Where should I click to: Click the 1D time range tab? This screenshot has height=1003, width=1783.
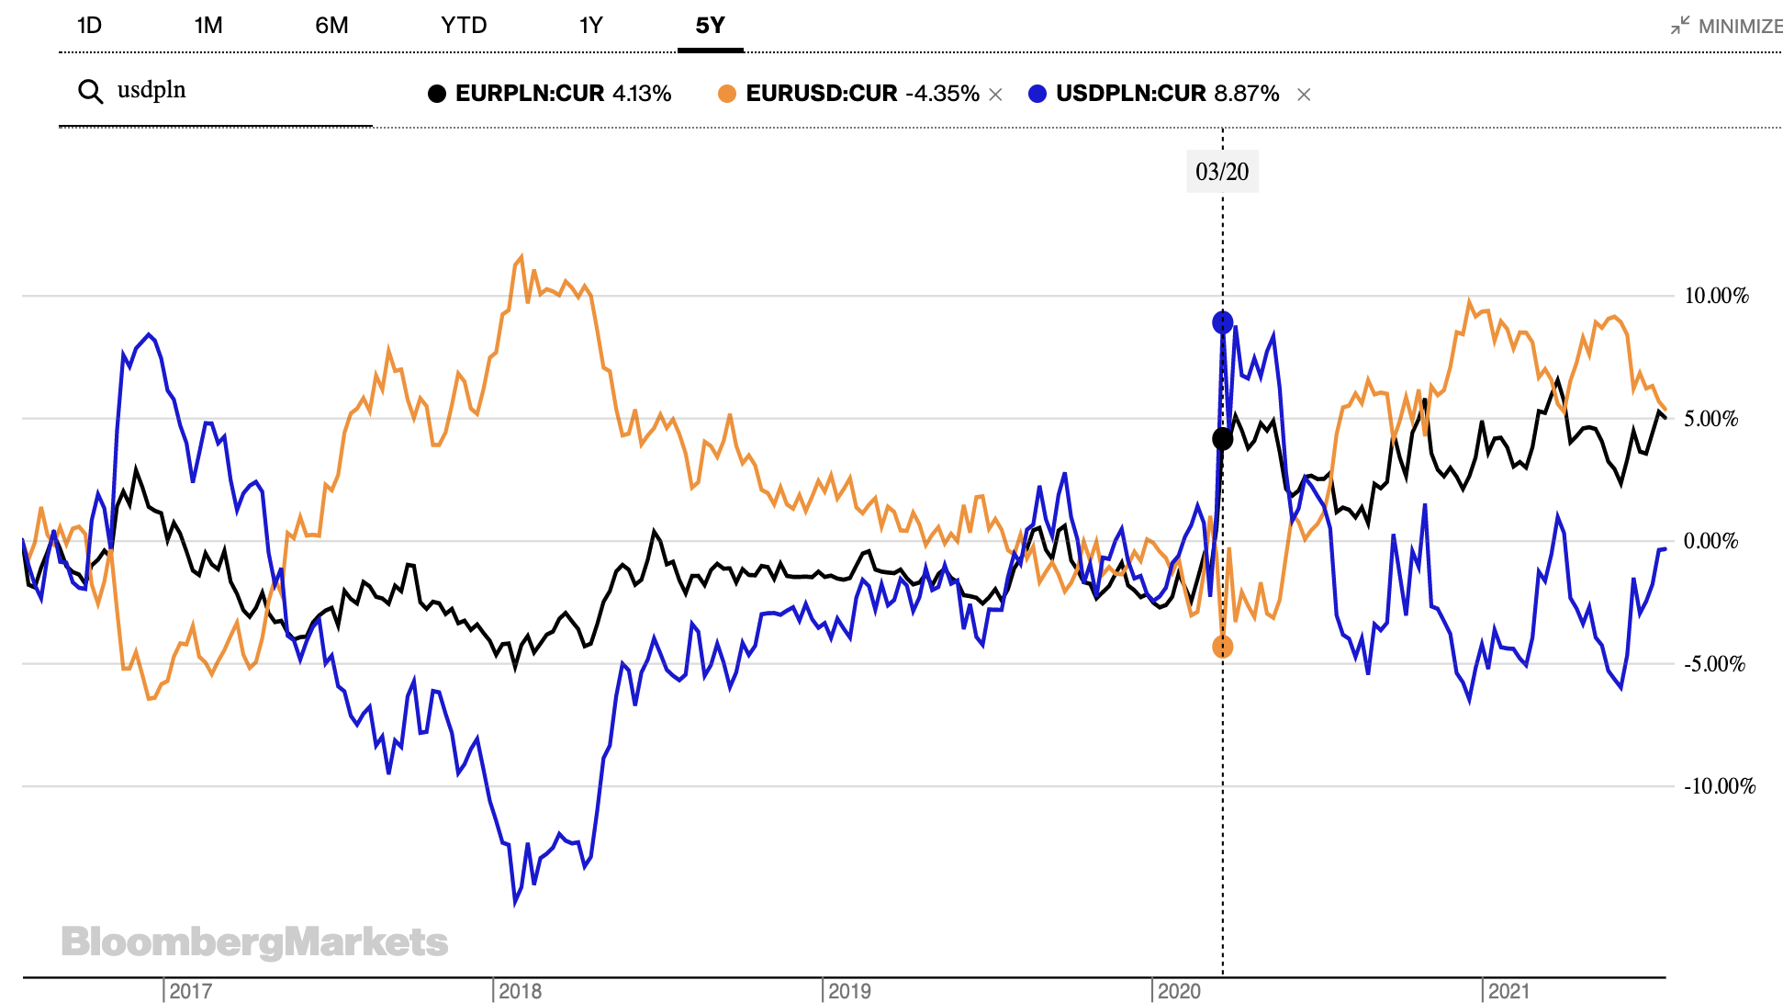[x=89, y=26]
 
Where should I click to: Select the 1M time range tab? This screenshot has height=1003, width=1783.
[x=208, y=26]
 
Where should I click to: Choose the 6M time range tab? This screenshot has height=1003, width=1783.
[x=331, y=26]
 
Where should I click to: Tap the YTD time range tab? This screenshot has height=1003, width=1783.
[x=464, y=26]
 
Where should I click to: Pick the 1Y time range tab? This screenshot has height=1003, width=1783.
[x=590, y=26]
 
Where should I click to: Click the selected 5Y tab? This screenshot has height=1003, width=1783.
[x=710, y=26]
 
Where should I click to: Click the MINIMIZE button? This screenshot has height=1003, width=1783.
[x=1727, y=26]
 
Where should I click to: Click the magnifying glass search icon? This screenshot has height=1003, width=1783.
[x=90, y=92]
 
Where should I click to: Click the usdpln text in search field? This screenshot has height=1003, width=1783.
[x=151, y=90]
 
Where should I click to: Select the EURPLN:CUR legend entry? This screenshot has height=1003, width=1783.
[x=549, y=94]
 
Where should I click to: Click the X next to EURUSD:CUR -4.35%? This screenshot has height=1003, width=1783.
[x=995, y=95]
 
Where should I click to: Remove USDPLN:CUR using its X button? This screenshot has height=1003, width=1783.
[x=1304, y=95]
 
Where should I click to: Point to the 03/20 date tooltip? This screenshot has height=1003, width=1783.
[x=1222, y=172]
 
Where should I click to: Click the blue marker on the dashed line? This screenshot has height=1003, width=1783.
[x=1222, y=322]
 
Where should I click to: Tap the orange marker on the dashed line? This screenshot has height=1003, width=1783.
[x=1222, y=647]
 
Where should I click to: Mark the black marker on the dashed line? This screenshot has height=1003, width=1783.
[x=1222, y=439]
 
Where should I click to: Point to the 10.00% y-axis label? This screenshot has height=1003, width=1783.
[x=1716, y=296]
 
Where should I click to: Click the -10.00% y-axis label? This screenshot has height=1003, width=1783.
[x=1719, y=786]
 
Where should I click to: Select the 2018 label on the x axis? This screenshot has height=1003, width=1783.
[x=520, y=991]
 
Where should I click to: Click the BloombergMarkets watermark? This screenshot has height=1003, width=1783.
[x=254, y=942]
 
